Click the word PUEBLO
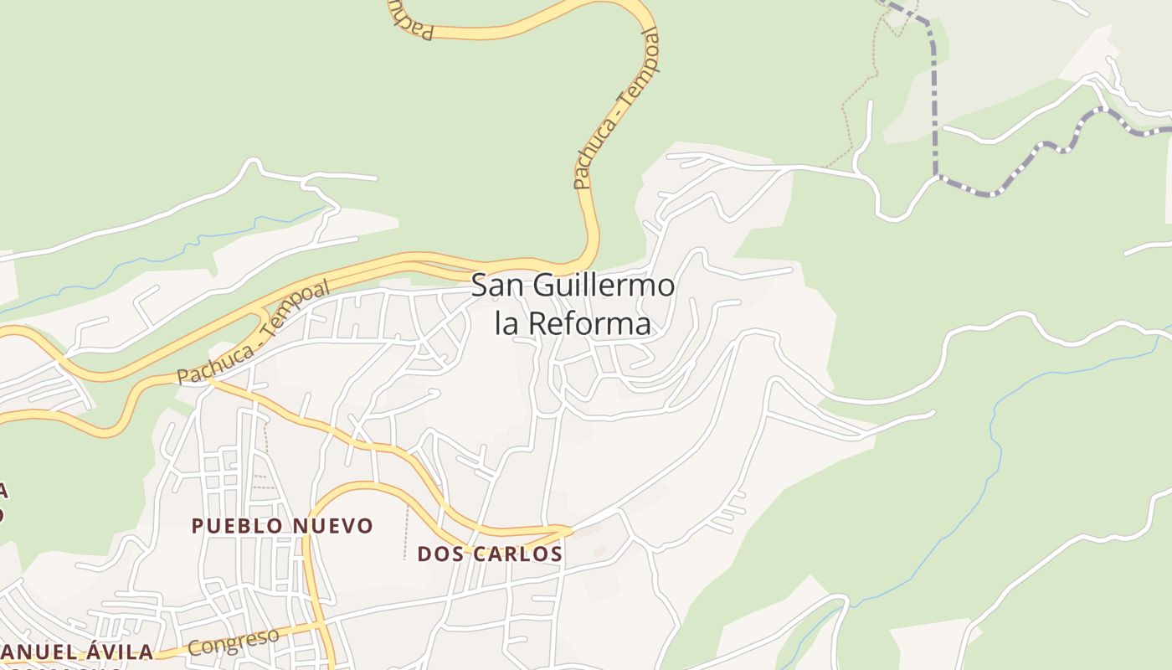(238, 526)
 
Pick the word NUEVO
(333, 526)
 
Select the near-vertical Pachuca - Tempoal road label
(615, 109)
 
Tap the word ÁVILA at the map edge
(117, 652)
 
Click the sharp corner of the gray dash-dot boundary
(936, 176)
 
